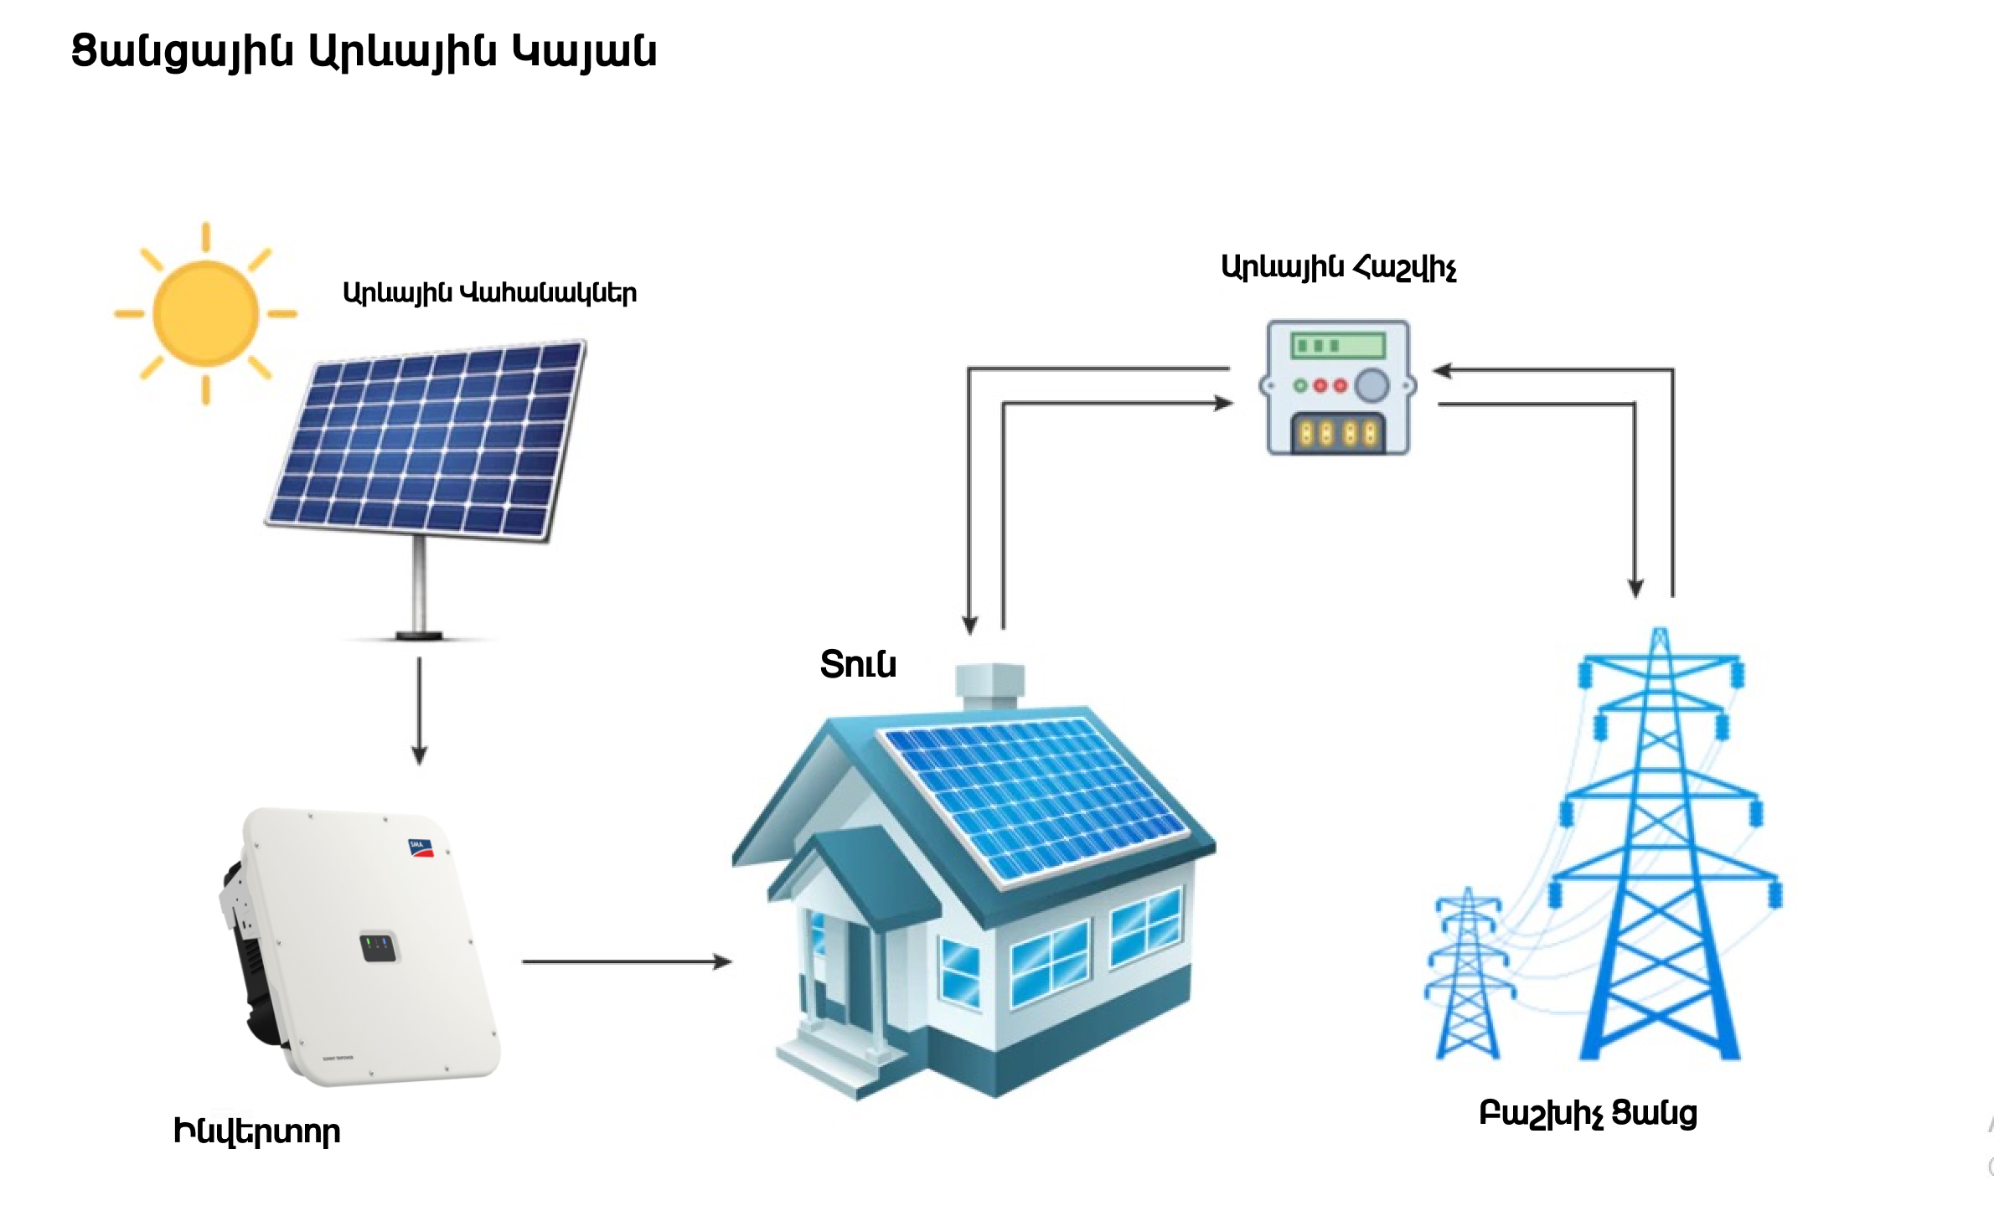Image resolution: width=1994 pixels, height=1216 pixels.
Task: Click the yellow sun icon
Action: click(x=205, y=313)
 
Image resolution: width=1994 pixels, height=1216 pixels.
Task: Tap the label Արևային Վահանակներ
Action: click(x=490, y=293)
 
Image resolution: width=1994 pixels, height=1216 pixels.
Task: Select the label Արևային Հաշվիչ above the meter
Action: click(x=1339, y=268)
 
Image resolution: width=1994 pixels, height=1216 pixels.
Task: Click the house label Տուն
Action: click(x=858, y=664)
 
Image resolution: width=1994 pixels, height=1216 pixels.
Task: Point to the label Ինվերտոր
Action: click(x=256, y=1132)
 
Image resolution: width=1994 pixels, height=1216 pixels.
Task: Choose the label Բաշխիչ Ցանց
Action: click(x=1588, y=1115)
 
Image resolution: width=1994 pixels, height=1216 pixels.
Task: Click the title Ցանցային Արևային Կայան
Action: click(x=364, y=52)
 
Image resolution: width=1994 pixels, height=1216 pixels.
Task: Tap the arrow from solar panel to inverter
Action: click(x=420, y=712)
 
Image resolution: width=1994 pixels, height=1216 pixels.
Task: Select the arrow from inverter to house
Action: click(x=628, y=962)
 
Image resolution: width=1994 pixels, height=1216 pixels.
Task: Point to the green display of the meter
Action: click(x=1339, y=345)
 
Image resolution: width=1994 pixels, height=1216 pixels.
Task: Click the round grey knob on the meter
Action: click(x=1372, y=386)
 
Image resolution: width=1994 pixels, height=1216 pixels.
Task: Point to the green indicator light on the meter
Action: click(x=1301, y=386)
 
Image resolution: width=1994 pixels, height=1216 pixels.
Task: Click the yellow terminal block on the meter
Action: click(x=1338, y=433)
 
